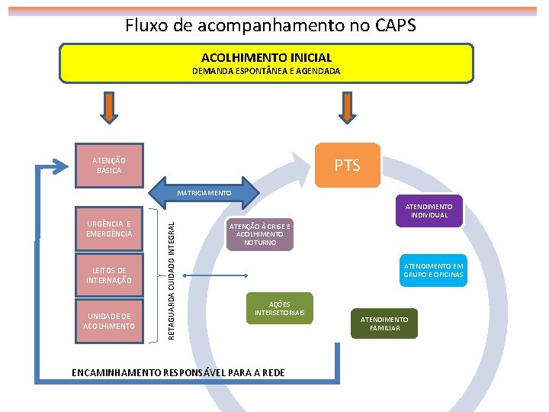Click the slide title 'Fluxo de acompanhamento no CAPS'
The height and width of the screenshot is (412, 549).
click(271, 25)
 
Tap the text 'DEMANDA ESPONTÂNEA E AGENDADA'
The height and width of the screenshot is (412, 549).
click(266, 71)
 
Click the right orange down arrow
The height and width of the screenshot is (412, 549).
click(347, 108)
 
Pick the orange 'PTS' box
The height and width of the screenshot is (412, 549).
click(347, 166)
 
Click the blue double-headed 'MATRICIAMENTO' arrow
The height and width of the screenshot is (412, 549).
click(204, 193)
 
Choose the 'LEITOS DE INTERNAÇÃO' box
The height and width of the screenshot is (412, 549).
click(109, 275)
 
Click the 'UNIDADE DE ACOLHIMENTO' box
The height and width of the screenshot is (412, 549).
click(109, 321)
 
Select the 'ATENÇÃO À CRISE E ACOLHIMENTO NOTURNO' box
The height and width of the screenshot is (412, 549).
click(258, 235)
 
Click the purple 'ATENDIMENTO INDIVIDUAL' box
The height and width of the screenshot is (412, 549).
click(428, 211)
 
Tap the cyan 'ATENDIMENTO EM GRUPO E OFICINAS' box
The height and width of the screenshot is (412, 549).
click(433, 270)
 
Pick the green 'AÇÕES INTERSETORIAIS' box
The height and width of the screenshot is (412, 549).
click(279, 308)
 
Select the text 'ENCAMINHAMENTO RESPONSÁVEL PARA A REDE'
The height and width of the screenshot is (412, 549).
click(178, 372)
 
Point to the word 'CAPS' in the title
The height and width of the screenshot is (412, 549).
click(395, 25)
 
